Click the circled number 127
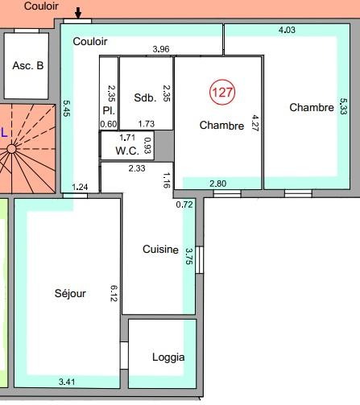pyautogui.click(x=222, y=92)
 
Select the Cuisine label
pyautogui.click(x=159, y=250)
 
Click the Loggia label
pyautogui.click(x=168, y=357)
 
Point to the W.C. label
pyautogui.click(x=127, y=150)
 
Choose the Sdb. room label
pyautogui.click(x=145, y=97)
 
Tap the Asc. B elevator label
pyautogui.click(x=28, y=65)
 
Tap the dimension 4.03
pyautogui.click(x=287, y=31)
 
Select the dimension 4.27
pyautogui.click(x=254, y=124)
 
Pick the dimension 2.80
pyautogui.click(x=218, y=184)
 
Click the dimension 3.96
pyautogui.click(x=161, y=49)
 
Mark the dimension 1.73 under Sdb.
pyautogui.click(x=146, y=123)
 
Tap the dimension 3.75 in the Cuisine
pyautogui.click(x=188, y=256)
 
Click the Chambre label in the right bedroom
pyautogui.click(x=311, y=107)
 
